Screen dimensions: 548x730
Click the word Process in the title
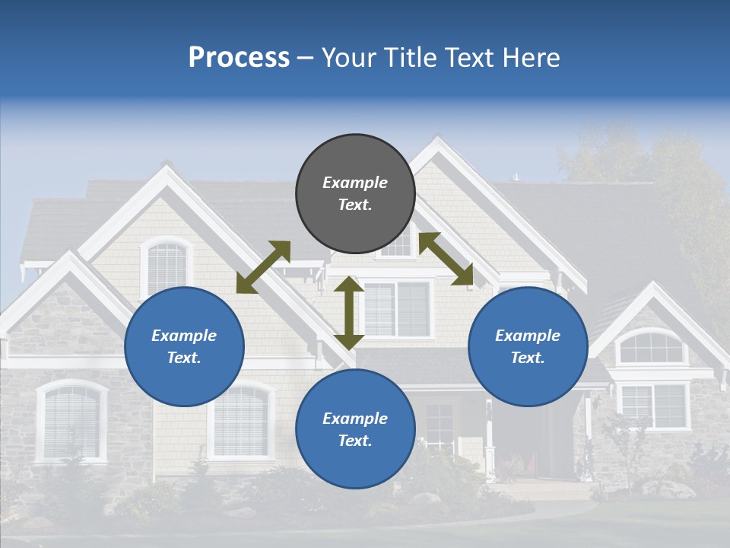point(239,58)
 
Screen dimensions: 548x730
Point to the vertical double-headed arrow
point(349,313)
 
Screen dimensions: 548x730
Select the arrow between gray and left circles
point(263,267)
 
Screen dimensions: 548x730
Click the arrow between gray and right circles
point(446,259)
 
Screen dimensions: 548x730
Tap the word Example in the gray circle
point(355,183)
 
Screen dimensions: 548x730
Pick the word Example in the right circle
point(528,336)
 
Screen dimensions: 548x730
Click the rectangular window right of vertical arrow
point(397,308)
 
